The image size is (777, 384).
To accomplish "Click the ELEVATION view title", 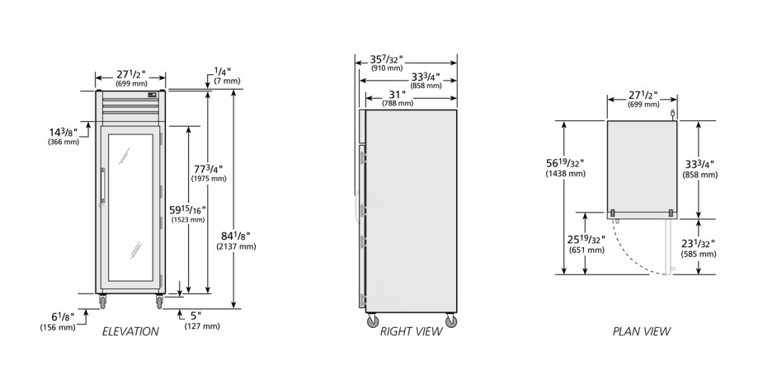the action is [130, 331].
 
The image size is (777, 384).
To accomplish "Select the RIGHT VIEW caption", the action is [412, 331].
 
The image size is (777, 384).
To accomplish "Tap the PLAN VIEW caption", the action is [642, 331].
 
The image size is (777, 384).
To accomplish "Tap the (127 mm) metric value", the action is [202, 326].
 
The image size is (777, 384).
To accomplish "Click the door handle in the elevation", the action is [103, 185].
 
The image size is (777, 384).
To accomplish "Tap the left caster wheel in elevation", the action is [102, 301].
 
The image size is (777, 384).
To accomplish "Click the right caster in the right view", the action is [451, 321].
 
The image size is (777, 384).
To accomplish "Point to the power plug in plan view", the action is [672, 115].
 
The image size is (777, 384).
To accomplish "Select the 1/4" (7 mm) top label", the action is [227, 76].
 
